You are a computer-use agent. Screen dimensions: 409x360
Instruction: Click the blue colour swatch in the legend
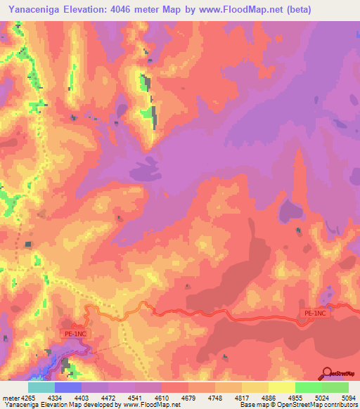click(x=68, y=387)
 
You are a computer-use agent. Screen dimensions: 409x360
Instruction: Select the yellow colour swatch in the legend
click(x=281, y=387)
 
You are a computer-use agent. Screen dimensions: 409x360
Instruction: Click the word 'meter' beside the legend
click(x=11, y=397)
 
